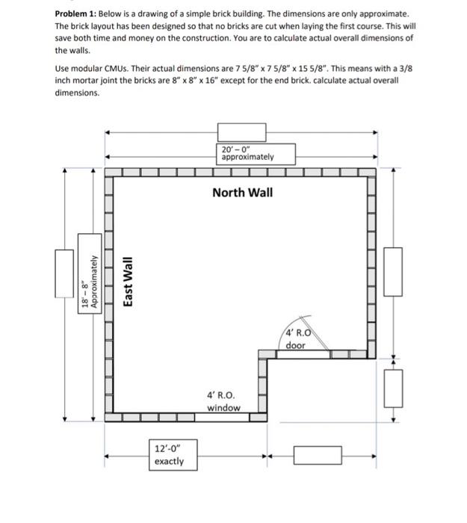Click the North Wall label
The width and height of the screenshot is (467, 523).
point(242,193)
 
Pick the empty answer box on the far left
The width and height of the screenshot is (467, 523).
point(64,271)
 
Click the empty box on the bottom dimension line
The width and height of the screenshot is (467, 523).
point(318,455)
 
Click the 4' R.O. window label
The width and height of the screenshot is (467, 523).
point(223,401)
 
